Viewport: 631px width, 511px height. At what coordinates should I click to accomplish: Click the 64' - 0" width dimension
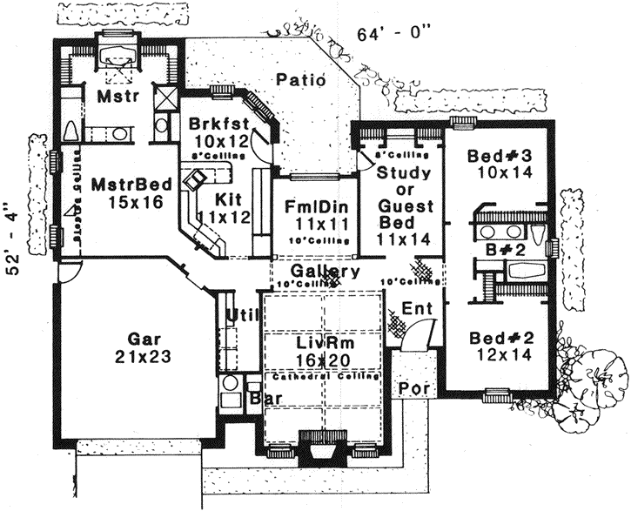tap(394, 35)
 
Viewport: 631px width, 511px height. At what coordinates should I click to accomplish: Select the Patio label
tap(301, 80)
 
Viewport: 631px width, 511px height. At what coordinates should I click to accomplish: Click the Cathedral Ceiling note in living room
tap(323, 377)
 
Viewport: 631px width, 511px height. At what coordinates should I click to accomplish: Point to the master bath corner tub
tap(115, 55)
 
